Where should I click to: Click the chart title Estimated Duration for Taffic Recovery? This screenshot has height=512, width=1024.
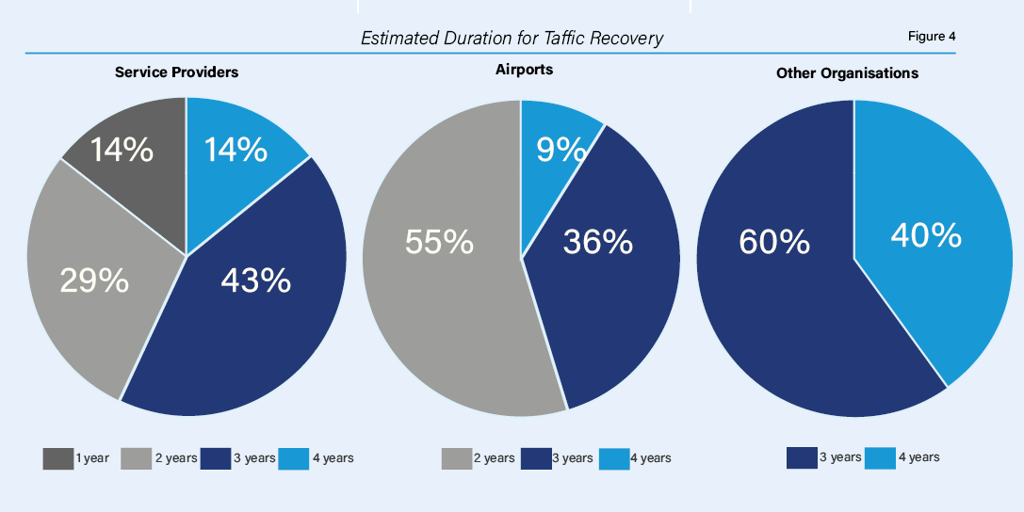tap(512, 39)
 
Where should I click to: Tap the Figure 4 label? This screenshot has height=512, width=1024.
tap(931, 37)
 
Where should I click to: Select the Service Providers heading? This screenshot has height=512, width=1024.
tap(176, 72)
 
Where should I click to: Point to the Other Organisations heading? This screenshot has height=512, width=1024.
tap(847, 72)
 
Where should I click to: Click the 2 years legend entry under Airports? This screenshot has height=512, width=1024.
tap(478, 458)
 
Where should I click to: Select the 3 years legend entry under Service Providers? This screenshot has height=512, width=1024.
tap(238, 458)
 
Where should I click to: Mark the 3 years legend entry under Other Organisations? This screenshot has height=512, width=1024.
tap(824, 457)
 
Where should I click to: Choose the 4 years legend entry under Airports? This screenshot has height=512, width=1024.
tap(635, 458)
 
